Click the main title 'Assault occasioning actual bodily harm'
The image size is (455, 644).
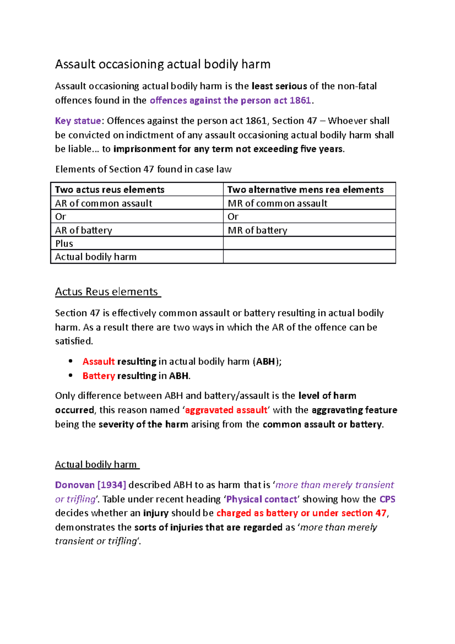163,64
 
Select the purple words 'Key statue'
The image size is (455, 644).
78,121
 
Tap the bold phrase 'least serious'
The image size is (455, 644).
279,86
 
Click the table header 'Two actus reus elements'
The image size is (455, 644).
110,190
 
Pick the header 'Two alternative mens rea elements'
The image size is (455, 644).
305,190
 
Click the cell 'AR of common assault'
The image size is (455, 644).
104,203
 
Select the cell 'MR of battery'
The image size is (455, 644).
257,230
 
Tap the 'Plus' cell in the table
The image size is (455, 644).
64,243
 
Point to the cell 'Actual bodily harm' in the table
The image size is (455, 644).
96,257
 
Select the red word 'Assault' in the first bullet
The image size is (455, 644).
99,361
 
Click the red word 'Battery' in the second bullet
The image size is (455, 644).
99,376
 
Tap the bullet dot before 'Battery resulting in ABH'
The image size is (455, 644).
71,375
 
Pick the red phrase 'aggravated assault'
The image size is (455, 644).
226,410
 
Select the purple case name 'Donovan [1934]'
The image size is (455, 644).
91,485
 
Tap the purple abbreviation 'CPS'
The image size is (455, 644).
387,499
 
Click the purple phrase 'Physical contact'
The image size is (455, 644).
262,499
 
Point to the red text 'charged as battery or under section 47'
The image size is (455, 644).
301,513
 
